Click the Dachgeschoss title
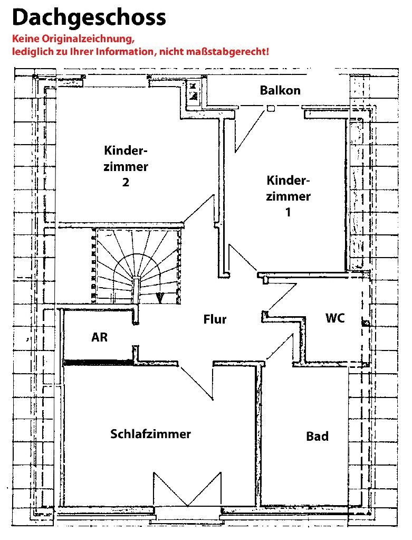(89, 17)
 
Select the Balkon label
(280, 90)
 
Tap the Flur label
(215, 319)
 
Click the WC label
(335, 318)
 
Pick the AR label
(99, 337)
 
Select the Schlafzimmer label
(150, 434)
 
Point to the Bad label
(317, 437)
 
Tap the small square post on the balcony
(270, 109)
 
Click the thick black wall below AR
(97, 363)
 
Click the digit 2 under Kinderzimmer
(126, 183)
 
